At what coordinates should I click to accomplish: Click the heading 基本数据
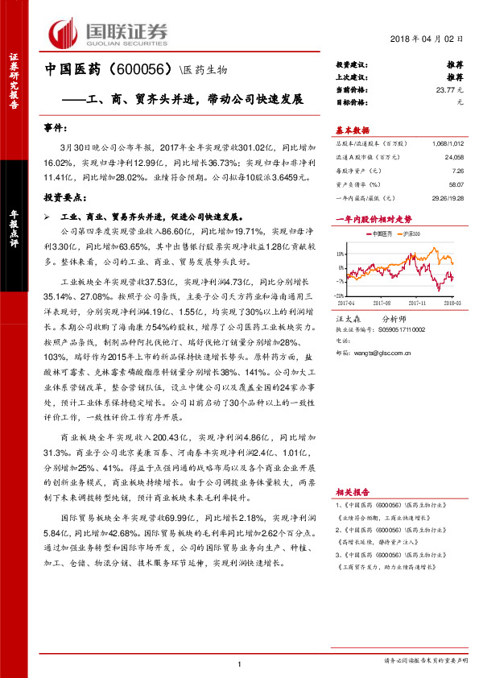(x=352, y=130)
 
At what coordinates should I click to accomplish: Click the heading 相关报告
(x=352, y=490)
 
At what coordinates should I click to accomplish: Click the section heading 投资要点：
(x=66, y=196)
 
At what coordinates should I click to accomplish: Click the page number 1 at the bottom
(x=240, y=664)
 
